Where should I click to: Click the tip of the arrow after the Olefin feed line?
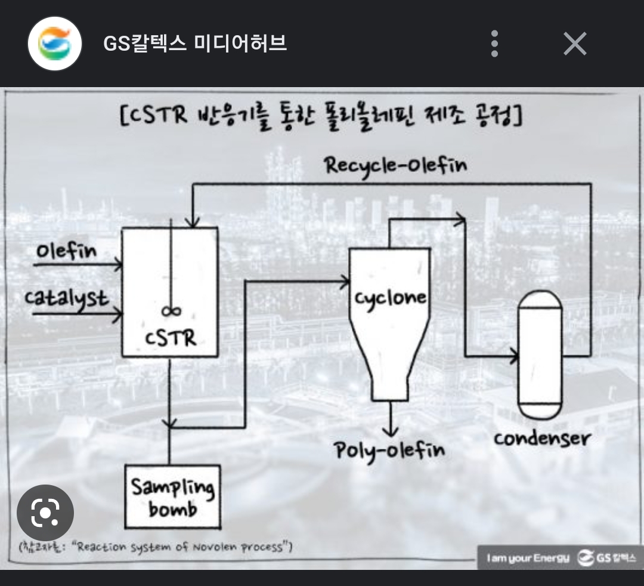pos(122,264)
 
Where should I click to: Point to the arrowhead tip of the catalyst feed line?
pos(122,314)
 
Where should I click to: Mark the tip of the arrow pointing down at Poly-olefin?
pos(390,436)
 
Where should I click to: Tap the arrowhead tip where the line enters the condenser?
pos(518,356)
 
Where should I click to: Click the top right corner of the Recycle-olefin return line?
pos(590,184)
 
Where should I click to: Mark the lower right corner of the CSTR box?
pos(218,356)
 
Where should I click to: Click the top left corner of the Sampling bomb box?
pos(125,465)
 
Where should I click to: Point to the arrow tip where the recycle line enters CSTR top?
pos(192,227)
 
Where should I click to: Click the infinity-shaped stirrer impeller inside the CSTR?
pos(171,311)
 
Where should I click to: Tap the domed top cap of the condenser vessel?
pos(540,299)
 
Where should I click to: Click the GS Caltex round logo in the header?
pos(55,43)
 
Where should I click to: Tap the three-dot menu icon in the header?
pos(494,43)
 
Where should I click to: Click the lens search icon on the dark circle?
pos(45,513)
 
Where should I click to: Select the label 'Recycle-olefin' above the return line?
pos(395,166)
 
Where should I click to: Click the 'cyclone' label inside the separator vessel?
pos(390,298)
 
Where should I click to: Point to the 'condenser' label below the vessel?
pos(542,439)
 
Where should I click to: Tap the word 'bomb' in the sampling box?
pos(173,509)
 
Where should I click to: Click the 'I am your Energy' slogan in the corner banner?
pos(528,558)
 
